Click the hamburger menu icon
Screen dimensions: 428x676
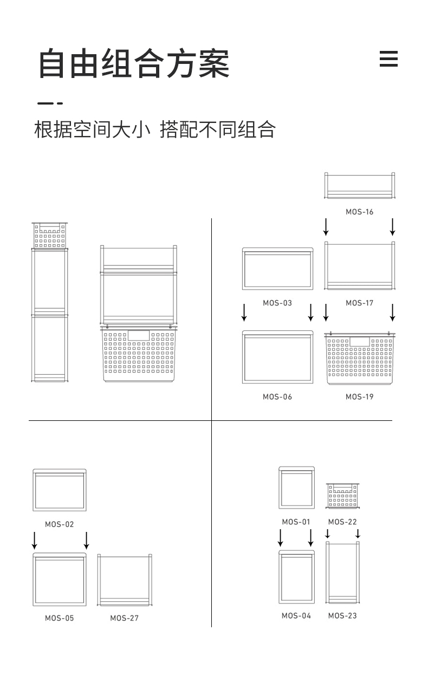pos(388,59)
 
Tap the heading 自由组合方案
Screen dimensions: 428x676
pos(134,63)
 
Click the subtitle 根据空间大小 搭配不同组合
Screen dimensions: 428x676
pos(155,129)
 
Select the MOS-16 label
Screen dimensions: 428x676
pos(360,212)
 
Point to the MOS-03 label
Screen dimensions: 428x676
pos(277,303)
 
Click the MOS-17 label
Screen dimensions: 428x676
pos(360,303)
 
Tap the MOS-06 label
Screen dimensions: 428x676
pos(277,397)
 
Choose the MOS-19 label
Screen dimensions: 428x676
pos(360,397)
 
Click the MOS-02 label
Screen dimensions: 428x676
pos(60,524)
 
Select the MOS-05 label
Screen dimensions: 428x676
pos(60,619)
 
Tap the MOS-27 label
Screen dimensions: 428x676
pos(125,619)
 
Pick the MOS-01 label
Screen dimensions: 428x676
pos(296,522)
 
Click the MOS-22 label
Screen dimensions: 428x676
pos(342,522)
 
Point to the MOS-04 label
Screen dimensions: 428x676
pos(296,616)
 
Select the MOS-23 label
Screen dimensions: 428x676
pos(342,616)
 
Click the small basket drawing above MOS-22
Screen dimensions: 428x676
pos(342,496)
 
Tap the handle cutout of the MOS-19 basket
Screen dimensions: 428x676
pos(360,342)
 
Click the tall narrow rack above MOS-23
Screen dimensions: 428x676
pos(327,573)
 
